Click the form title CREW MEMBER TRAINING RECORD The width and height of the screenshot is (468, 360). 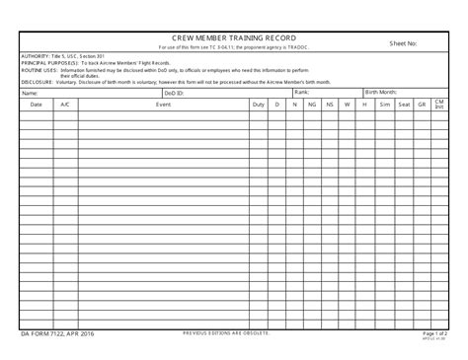pos(233,38)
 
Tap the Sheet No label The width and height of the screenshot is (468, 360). pos(403,43)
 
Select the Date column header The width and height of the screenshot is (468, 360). pos(37,104)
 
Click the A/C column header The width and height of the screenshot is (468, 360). pos(65,104)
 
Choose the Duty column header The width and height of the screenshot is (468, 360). pos(258,104)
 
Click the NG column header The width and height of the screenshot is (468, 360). pos(311,104)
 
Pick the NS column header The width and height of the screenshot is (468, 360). pos(330,104)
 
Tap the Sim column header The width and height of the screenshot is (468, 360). pos(384,104)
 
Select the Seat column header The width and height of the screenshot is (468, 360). pos(404,104)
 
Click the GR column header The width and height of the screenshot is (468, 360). pos(422,104)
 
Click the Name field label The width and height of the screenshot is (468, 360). pos(29,93)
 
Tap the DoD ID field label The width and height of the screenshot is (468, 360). pos(171,93)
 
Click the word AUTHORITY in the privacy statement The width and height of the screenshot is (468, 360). pos(36,56)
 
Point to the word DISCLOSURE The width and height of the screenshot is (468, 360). pos(38,83)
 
